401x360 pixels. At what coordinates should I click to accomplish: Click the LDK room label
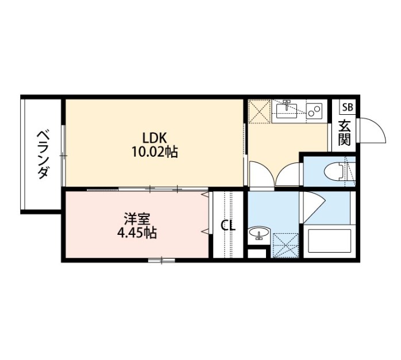point(155,138)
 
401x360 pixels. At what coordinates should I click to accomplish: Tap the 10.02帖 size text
point(155,152)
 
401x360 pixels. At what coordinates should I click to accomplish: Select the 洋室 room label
point(137,219)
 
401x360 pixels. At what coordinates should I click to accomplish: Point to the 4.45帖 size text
point(137,233)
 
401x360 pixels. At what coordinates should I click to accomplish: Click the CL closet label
point(228,226)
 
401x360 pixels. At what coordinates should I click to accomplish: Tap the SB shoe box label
point(348,107)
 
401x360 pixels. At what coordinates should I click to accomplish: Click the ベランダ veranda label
point(43,155)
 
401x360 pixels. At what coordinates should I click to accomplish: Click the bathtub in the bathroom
point(329,241)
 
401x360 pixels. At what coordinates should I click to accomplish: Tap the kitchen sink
point(287,110)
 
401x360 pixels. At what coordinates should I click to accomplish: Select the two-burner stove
point(314,110)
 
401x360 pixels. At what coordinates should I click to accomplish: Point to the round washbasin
point(259,233)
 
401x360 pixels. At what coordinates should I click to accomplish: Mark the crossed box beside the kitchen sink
point(259,111)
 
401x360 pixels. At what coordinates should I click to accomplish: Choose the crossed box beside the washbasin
point(286,245)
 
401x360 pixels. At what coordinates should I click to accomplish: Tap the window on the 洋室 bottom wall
point(161,260)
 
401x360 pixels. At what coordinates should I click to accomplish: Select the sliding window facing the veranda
point(63,156)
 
